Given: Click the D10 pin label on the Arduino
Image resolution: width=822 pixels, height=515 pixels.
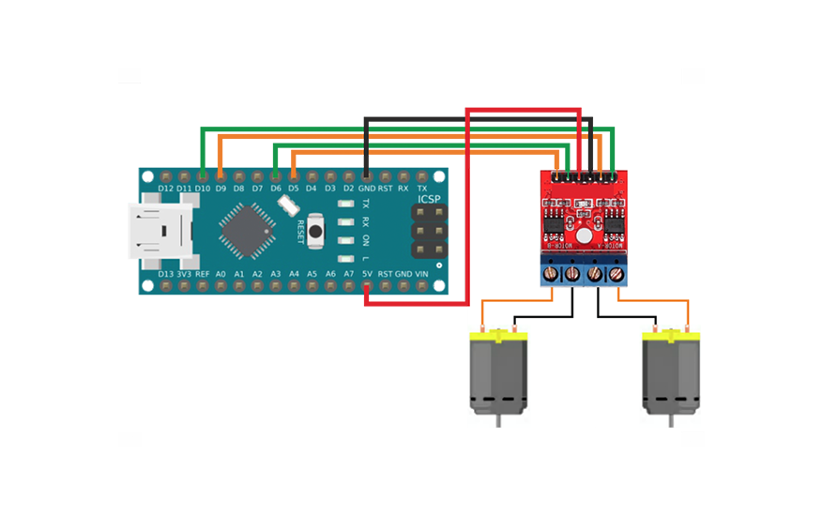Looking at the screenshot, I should [203, 189].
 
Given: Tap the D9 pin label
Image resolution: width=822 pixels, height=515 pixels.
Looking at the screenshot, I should [221, 189].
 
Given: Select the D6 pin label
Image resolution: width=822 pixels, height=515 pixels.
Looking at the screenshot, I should [275, 189].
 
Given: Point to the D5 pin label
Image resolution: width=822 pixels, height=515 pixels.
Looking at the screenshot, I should [294, 189].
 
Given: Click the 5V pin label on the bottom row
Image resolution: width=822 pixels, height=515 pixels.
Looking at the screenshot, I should [367, 274].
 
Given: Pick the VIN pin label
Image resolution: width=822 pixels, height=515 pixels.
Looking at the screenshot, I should [421, 274].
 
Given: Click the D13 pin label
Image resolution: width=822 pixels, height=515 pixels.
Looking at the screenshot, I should [166, 274].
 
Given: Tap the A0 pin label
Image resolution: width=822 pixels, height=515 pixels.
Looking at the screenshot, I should [221, 274].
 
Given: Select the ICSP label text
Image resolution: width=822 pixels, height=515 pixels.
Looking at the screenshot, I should [429, 200].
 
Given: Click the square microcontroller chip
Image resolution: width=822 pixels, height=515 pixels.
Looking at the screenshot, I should [246, 231].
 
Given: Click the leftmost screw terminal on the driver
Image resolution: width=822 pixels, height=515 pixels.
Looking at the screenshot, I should [549, 273].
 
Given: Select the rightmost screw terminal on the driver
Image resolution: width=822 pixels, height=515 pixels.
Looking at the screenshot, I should [616, 273].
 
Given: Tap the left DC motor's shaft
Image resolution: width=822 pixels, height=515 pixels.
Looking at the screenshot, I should [496, 420].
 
